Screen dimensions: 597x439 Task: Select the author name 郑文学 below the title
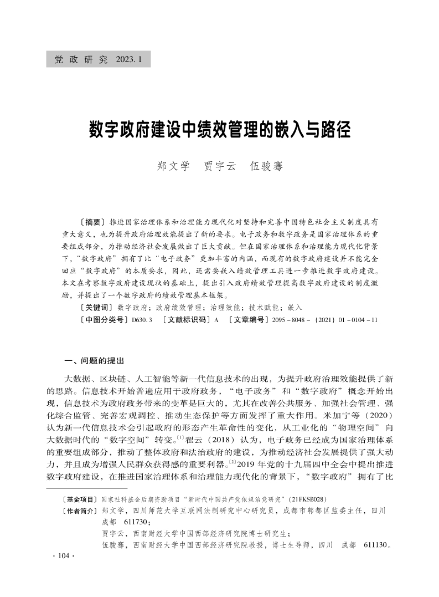click(x=174, y=165)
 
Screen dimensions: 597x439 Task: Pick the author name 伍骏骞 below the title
click(x=266, y=165)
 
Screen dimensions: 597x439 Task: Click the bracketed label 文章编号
click(x=247, y=320)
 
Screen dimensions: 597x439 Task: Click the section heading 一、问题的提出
click(x=95, y=360)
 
